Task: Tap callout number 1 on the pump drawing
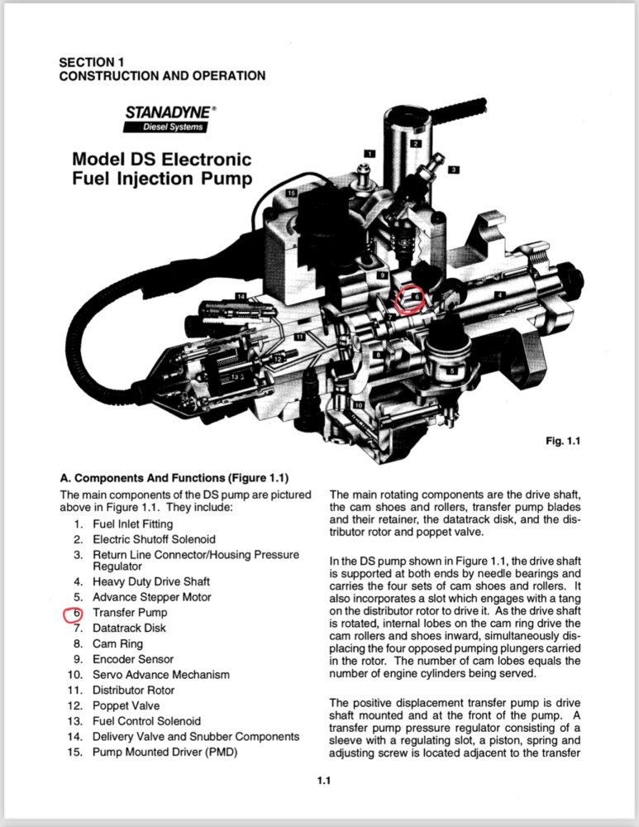[x=370, y=153]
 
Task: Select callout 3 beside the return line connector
[x=454, y=170]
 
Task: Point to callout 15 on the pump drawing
[x=292, y=193]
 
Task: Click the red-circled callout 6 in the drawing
[x=416, y=295]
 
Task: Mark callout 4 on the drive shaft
[x=500, y=294]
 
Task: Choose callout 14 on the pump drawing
[x=241, y=296]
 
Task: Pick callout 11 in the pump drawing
[x=299, y=337]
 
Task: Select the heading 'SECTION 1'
[x=91, y=62]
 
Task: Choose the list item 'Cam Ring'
[x=117, y=643]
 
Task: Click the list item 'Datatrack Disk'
[x=129, y=628]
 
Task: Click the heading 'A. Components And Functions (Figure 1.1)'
[x=174, y=478]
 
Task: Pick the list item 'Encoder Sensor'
[x=133, y=659]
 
